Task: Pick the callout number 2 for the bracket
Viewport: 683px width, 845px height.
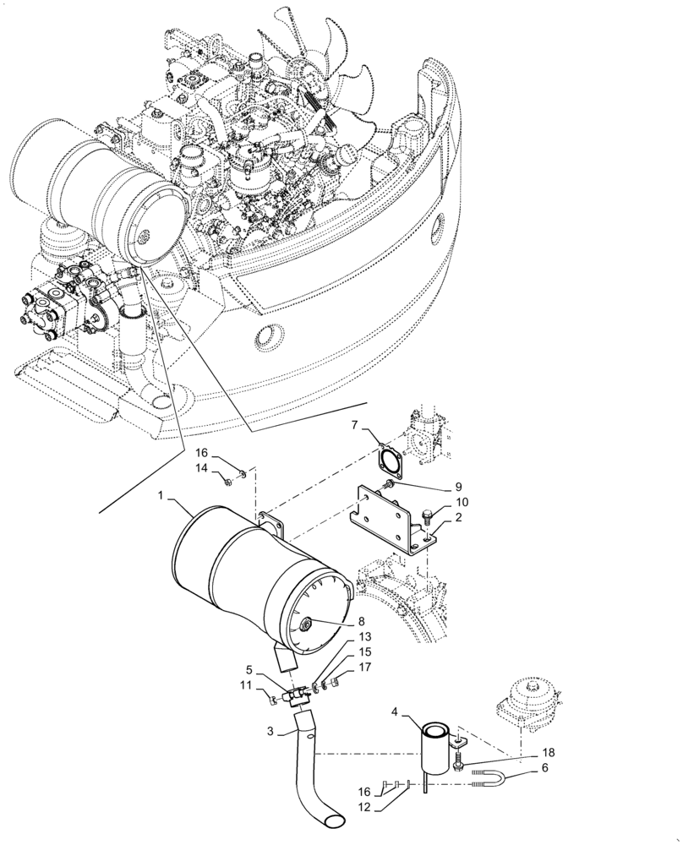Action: point(457,516)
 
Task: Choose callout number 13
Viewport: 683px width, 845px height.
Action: point(363,636)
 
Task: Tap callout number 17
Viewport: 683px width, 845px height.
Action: point(363,667)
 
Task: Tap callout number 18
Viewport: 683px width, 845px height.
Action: point(525,752)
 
